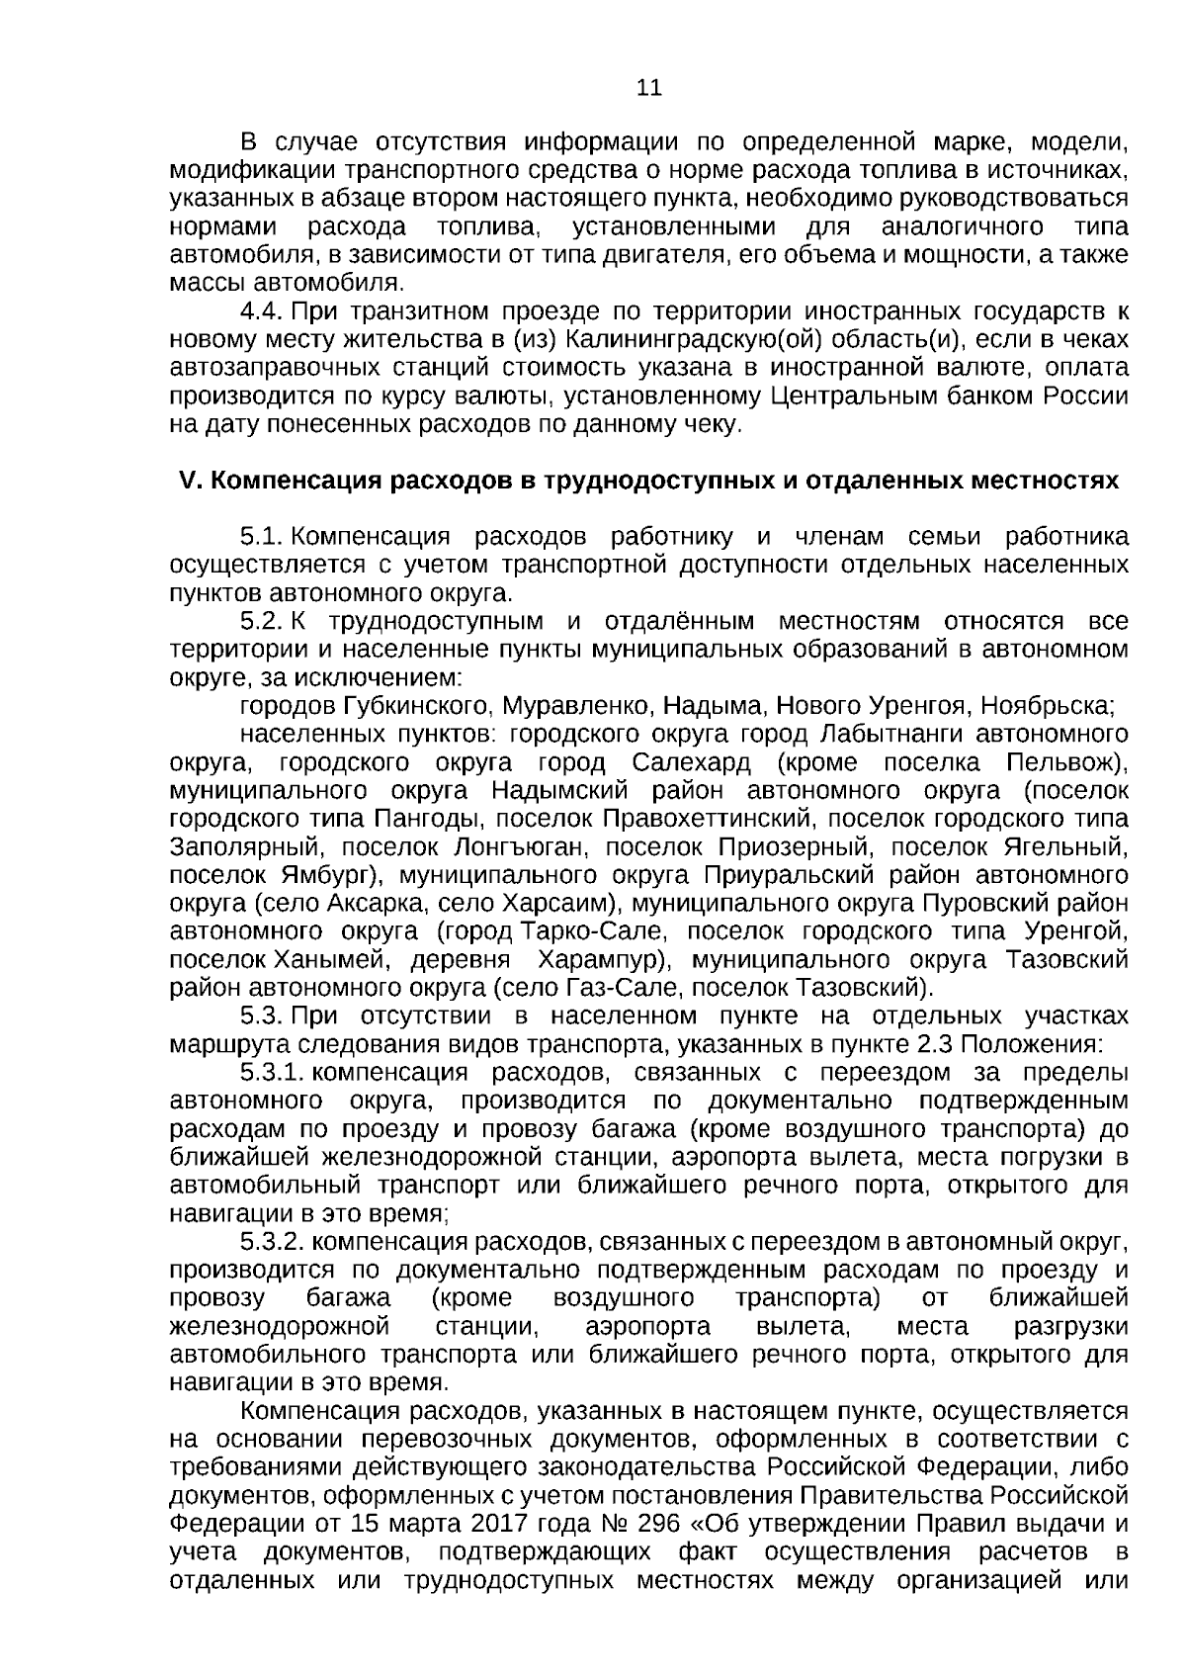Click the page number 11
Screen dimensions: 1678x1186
(648, 88)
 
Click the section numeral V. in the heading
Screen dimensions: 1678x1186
(190, 482)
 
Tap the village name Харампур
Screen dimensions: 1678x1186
(603, 960)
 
